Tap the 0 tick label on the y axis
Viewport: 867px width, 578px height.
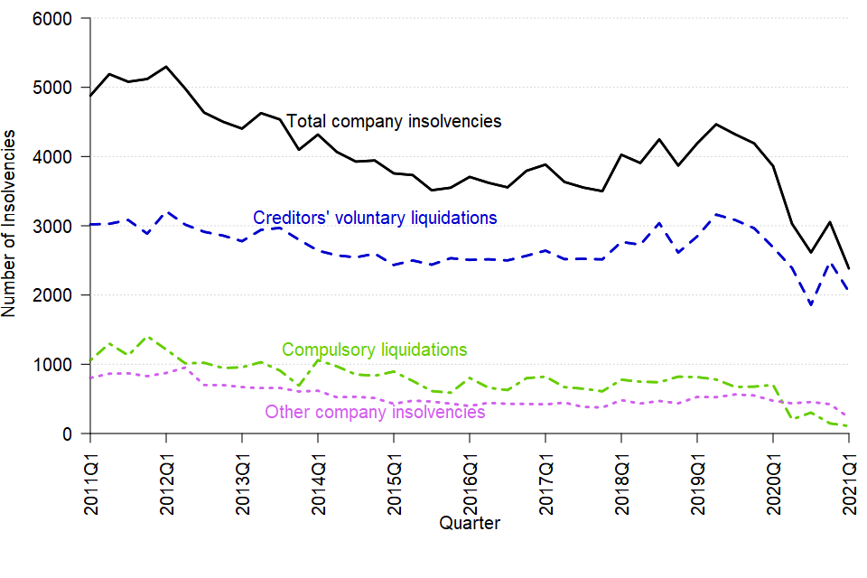[x=72, y=433]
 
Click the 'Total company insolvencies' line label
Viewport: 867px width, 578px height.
[x=394, y=121]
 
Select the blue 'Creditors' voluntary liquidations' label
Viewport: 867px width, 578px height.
[x=375, y=218]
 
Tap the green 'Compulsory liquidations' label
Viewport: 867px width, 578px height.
[x=375, y=350]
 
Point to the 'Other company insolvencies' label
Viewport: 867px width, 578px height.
[x=375, y=413]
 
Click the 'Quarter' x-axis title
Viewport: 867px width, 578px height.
[x=470, y=523]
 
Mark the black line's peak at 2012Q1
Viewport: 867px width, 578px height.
[x=166, y=67]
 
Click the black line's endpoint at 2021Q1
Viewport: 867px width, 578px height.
[x=848, y=268]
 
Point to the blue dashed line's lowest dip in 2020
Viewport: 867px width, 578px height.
[x=811, y=305]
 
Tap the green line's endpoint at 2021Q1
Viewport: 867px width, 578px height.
[x=848, y=426]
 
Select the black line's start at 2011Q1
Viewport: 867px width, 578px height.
[x=90, y=96]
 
